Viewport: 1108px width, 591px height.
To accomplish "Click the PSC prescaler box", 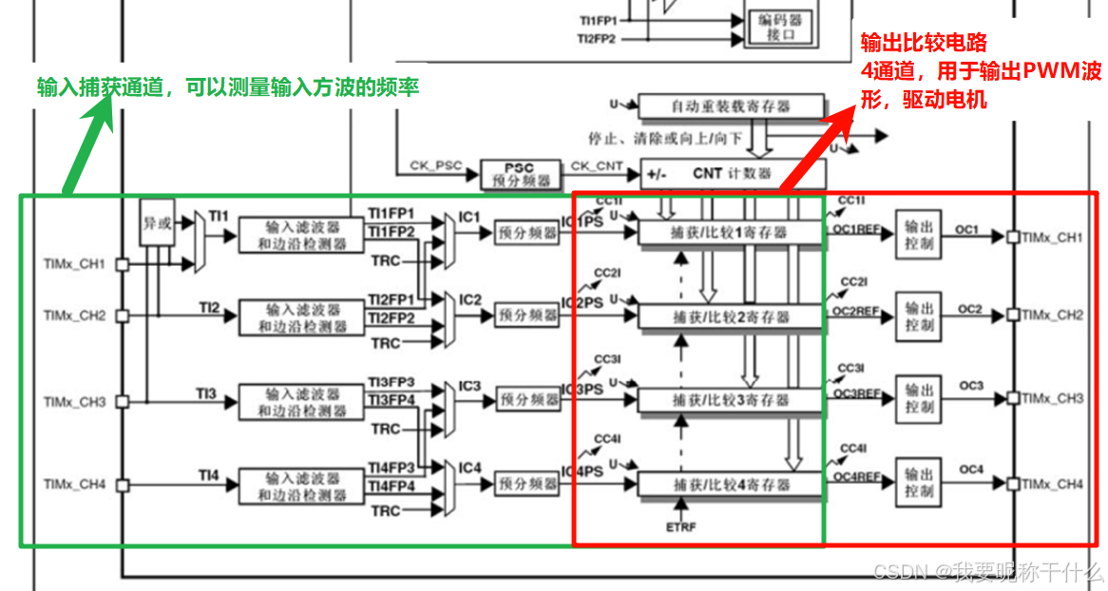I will pyautogui.click(x=520, y=174).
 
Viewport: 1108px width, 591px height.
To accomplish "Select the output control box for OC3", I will pyautogui.click(x=919, y=398).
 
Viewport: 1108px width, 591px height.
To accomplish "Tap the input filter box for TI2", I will pyautogui.click(x=301, y=317).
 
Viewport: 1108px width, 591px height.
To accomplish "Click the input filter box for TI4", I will pyautogui.click(x=301, y=485).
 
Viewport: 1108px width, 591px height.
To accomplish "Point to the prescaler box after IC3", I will pyautogui.click(x=528, y=400).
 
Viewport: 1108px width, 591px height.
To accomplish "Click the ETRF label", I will pyautogui.click(x=681, y=524).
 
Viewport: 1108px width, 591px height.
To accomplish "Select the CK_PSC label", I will pyautogui.click(x=436, y=166).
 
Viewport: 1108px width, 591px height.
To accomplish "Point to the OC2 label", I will pyautogui.click(x=969, y=309).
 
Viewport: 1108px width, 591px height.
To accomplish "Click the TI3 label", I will pyautogui.click(x=207, y=392).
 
